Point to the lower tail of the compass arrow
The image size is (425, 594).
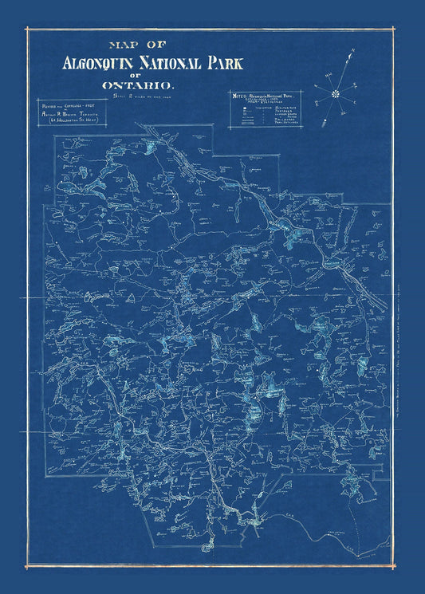tap(325, 124)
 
